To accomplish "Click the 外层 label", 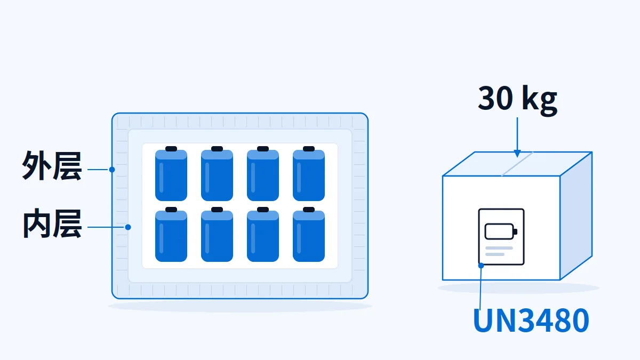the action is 52,166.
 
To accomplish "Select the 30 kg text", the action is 517,100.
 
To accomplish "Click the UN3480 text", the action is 531,321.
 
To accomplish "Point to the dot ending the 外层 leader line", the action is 112,170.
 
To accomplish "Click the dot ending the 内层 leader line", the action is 128,227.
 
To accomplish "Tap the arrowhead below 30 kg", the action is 517,154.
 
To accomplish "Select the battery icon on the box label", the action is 501,231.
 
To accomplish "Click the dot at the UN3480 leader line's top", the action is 481,266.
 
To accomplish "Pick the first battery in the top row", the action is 171,174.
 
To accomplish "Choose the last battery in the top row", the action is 309,174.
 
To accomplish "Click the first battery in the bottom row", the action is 171,234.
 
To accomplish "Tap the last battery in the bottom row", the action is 309,234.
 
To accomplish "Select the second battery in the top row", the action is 217,174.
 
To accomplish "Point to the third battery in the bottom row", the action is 263,234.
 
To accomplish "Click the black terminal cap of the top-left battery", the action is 171,149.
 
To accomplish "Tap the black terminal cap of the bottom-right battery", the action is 309,210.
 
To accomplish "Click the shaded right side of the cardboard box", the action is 576,215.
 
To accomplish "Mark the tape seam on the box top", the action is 517,164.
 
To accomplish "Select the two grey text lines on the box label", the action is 499,251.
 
